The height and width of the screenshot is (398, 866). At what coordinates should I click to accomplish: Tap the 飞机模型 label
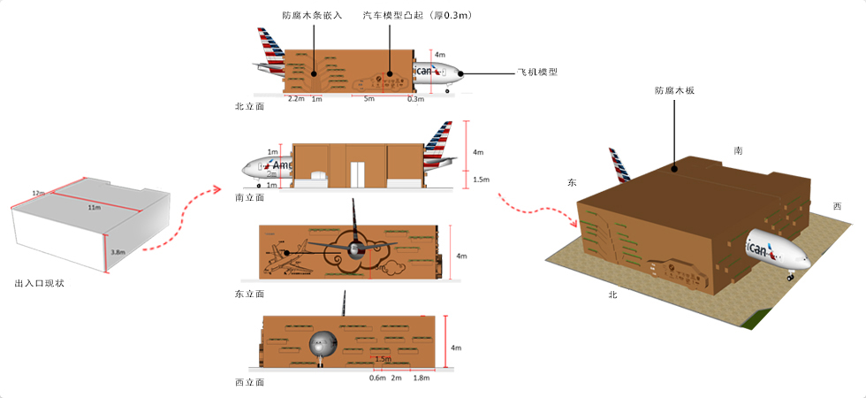point(537,73)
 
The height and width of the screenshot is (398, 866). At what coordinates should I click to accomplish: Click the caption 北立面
point(249,106)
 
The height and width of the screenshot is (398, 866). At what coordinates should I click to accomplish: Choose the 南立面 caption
point(249,198)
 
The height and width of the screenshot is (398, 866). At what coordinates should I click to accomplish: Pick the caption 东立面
point(249,293)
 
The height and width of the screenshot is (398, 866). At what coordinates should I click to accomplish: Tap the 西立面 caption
point(249,382)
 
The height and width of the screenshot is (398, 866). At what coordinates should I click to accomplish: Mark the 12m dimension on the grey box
point(38,192)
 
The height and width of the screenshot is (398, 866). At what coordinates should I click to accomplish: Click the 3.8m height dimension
point(118,251)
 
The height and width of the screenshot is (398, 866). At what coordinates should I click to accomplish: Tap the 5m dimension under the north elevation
point(369,99)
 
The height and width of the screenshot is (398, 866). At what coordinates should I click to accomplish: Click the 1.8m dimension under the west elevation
point(421,378)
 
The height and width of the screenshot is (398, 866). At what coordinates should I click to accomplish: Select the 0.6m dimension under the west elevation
point(377,378)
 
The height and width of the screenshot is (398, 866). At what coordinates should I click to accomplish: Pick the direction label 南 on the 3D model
point(737,150)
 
